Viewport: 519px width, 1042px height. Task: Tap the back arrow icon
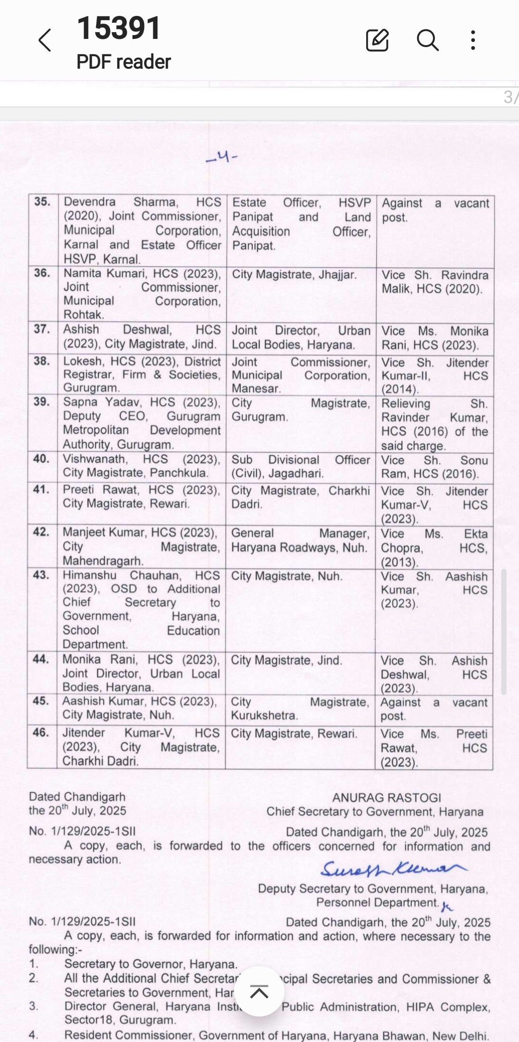coord(45,40)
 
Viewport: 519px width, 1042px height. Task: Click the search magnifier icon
coord(427,40)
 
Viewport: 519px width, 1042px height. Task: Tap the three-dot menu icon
coord(473,40)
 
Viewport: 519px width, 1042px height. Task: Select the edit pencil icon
coord(377,40)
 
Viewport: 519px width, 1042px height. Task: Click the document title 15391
coord(119,28)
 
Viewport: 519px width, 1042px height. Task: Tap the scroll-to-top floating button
coord(259,991)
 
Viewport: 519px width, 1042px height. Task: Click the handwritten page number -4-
coord(222,157)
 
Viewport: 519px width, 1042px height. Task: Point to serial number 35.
coord(42,202)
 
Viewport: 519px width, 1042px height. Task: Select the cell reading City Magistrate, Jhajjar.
coord(294,275)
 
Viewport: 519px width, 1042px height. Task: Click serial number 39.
coord(42,402)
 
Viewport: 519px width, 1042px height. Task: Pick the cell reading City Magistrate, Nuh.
coord(287,576)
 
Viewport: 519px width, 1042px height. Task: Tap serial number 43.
coord(42,575)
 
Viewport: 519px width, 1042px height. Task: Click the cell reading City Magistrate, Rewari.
coord(294,734)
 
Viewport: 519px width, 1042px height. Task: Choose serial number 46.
coord(41,733)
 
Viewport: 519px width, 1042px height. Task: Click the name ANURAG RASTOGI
coord(387,797)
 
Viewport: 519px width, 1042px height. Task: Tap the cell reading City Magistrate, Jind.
coord(286,660)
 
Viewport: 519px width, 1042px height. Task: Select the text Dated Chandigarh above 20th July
coord(77,797)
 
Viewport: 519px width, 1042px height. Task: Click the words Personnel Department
coord(377,903)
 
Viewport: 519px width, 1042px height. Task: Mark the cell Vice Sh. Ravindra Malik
coord(434,282)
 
